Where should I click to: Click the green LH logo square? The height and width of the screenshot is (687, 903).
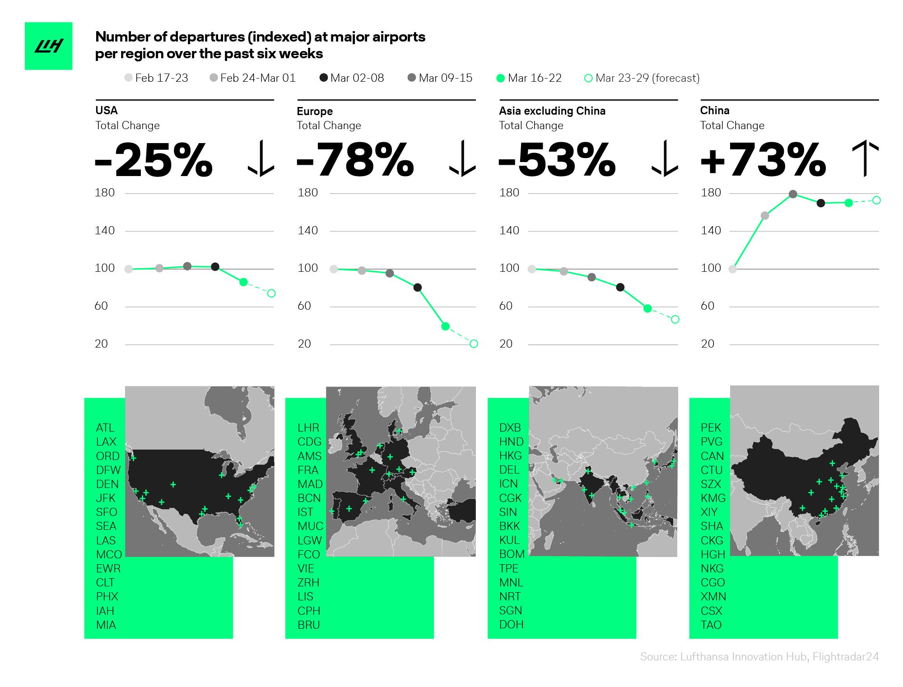click(48, 46)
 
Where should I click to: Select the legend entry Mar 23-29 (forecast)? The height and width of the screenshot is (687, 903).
click(642, 78)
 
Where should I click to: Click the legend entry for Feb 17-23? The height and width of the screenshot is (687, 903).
click(156, 78)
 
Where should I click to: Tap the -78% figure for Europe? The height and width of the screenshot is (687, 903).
click(355, 160)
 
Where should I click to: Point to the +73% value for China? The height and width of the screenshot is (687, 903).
click(763, 160)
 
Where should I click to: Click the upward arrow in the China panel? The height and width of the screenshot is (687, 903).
click(865, 160)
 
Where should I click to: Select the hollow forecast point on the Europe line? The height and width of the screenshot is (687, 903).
click(474, 344)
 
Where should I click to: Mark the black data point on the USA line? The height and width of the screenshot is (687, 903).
click(215, 267)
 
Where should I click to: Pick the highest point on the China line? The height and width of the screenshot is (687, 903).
click(793, 195)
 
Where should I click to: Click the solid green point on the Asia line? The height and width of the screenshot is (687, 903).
click(647, 309)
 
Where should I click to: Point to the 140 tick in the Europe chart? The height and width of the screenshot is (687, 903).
click(308, 231)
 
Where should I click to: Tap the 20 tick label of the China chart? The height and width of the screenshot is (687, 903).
click(708, 344)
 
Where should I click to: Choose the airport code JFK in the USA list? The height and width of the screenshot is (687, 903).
click(106, 498)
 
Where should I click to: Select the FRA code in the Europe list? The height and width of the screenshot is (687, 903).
click(308, 470)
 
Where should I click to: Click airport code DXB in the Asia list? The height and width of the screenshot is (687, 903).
click(510, 427)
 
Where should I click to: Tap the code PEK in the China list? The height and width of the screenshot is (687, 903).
click(711, 427)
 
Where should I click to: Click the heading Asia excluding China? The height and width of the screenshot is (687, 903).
click(552, 111)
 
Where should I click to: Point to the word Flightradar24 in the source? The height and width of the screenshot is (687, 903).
click(845, 657)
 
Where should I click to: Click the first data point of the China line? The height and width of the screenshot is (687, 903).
click(733, 269)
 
